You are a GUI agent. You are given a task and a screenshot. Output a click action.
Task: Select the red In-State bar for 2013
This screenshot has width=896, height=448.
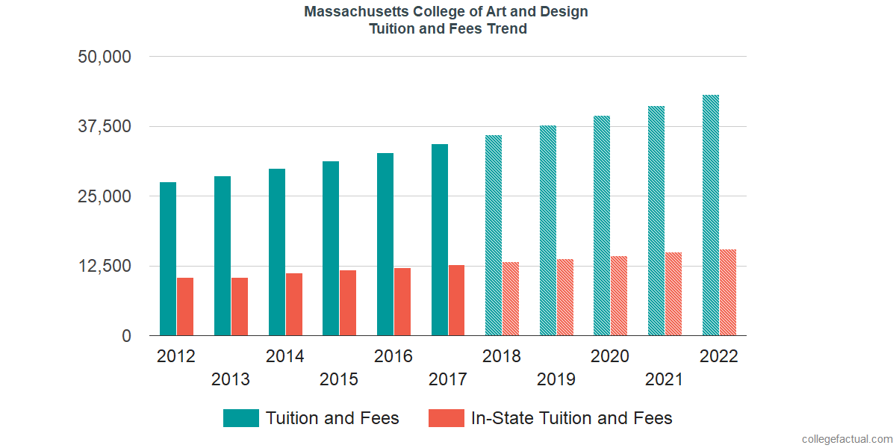tap(240, 307)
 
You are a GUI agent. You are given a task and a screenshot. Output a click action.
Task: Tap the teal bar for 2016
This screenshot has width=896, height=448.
tap(385, 244)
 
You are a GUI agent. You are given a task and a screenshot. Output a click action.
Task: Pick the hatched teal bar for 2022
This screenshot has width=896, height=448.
tap(711, 215)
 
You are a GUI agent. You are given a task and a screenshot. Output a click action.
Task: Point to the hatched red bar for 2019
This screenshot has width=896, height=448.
tap(565, 297)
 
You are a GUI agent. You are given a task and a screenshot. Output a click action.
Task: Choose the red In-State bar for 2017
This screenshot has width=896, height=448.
tap(456, 300)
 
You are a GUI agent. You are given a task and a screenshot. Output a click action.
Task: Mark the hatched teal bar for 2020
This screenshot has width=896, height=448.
tap(602, 225)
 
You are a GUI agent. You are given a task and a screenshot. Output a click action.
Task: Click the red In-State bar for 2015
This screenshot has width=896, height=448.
tap(348, 303)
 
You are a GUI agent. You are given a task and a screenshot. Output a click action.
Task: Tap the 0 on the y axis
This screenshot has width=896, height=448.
tap(127, 336)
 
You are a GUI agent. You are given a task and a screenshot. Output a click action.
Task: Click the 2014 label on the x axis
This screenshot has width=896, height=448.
tap(285, 356)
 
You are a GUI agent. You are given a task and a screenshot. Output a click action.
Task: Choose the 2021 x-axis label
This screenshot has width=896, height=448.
tap(665, 379)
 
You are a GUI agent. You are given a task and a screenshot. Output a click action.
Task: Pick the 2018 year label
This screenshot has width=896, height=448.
tap(502, 356)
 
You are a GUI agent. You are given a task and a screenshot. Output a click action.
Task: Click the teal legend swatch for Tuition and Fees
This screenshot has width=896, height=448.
tap(241, 418)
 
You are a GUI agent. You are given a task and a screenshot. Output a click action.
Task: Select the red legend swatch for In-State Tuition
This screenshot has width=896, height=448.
tap(447, 418)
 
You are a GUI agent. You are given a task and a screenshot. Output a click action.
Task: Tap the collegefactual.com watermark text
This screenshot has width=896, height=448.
tap(847, 439)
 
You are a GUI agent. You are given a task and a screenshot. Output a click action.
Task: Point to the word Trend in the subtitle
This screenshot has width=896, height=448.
tap(508, 29)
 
